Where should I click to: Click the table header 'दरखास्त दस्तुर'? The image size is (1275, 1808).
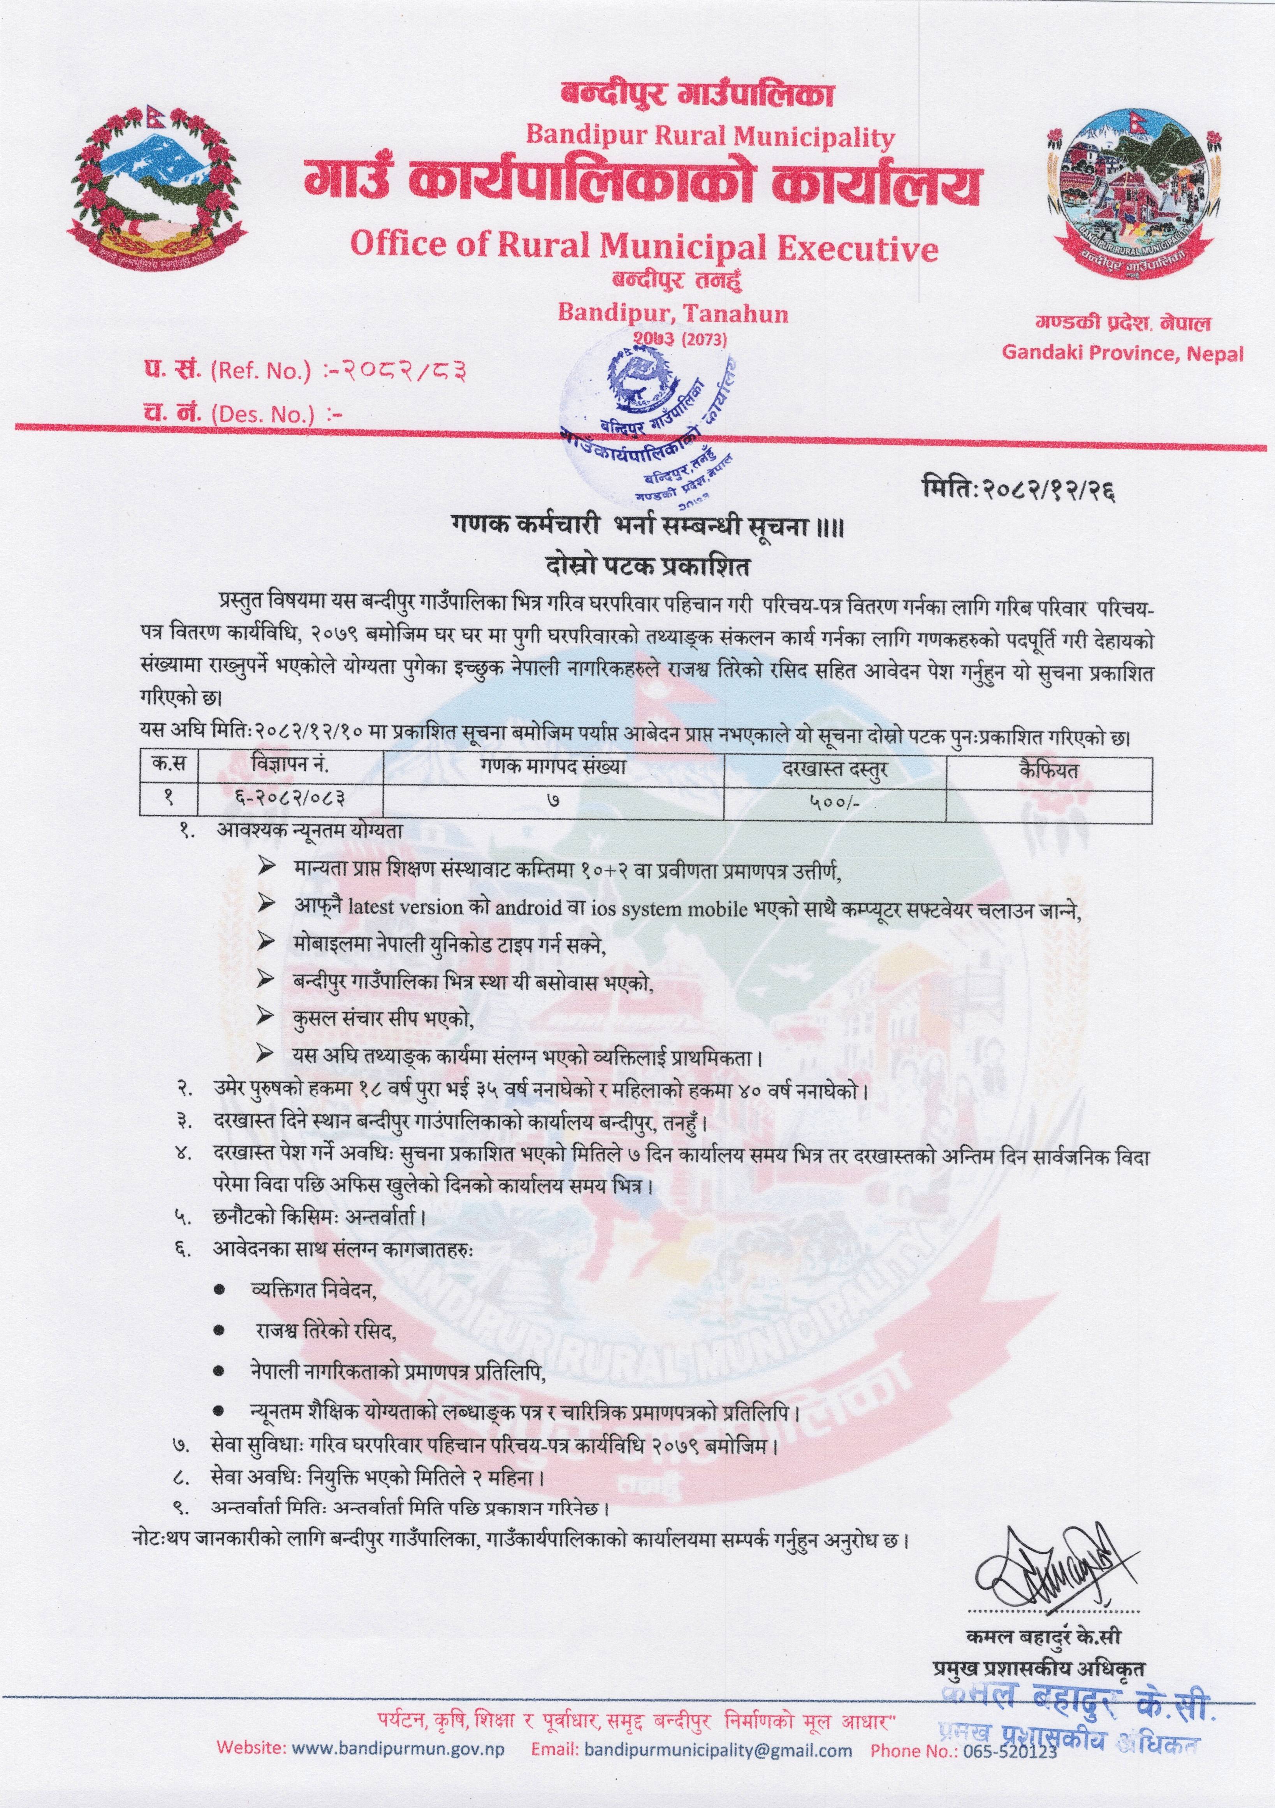[x=835, y=768]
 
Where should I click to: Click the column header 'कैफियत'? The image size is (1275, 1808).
[x=1048, y=768]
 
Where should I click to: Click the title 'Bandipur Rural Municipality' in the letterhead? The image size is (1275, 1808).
[x=710, y=137]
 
